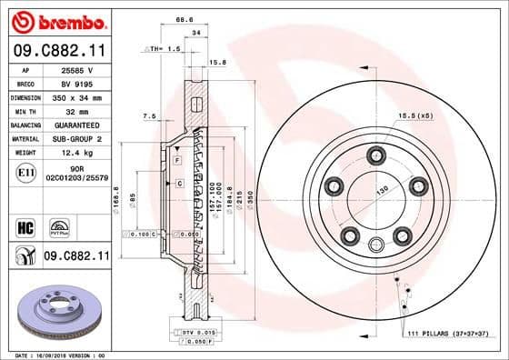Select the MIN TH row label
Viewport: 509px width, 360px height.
point(24,110)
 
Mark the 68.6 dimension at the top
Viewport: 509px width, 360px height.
point(185,18)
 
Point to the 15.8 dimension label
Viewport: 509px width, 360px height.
point(217,62)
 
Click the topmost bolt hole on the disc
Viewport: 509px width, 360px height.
point(375,154)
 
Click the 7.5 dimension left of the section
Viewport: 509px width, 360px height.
point(150,115)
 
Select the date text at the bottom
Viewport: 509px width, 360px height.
point(55,355)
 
